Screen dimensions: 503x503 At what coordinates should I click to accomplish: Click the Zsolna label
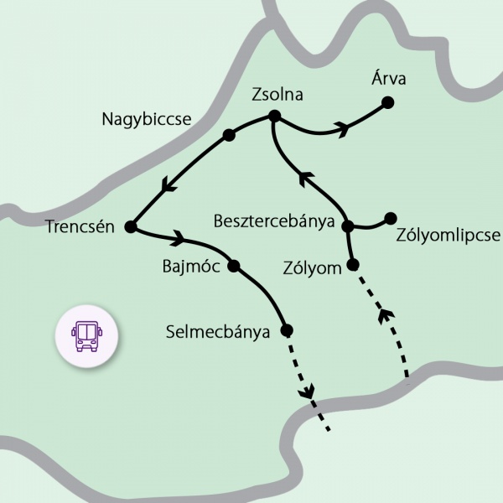(277, 96)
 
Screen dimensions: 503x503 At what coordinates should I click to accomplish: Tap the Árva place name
(388, 80)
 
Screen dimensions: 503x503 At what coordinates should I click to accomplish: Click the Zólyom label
(313, 268)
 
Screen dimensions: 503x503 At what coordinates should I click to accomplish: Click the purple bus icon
(87, 334)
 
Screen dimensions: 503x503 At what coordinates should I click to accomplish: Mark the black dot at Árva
(387, 102)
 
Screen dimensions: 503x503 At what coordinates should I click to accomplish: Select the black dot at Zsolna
(273, 117)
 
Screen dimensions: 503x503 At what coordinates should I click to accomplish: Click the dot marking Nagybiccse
(228, 134)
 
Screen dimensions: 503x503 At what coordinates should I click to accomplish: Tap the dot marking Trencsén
(130, 226)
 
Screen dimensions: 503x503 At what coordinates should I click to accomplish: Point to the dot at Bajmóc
(234, 266)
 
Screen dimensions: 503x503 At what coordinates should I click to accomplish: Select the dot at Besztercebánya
(348, 225)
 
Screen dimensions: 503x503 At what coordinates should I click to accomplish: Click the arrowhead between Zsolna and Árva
(341, 127)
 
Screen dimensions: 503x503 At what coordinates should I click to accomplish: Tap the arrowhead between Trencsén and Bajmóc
(179, 240)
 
